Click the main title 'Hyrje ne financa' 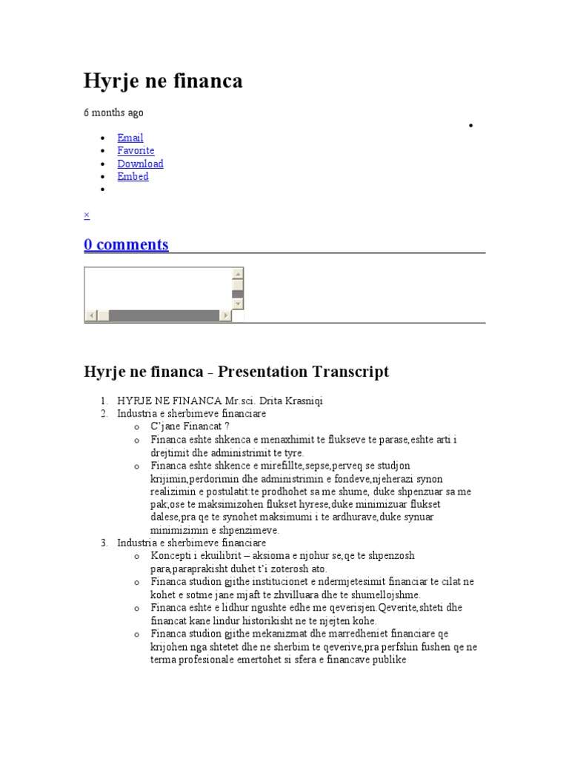click(x=163, y=81)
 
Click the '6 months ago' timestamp click(x=113, y=113)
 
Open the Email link click(x=130, y=138)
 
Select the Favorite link click(x=136, y=150)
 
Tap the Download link click(x=140, y=164)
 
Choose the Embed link click(x=133, y=176)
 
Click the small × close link click(x=87, y=215)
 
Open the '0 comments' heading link click(x=126, y=244)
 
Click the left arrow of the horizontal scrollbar click(x=91, y=316)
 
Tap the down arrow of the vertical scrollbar click(x=238, y=303)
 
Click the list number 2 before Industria click(x=104, y=414)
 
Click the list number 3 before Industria click(x=104, y=543)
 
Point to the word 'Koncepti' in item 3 click(x=170, y=556)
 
